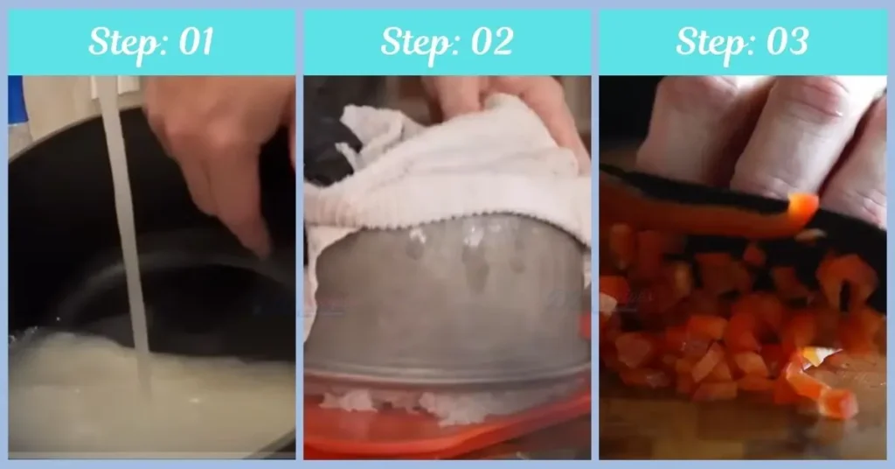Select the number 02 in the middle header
[x=489, y=41]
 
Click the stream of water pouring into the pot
[x=122, y=219]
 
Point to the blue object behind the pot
[x=15, y=101]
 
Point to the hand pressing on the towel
[x=516, y=101]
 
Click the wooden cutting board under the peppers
[x=664, y=429]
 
